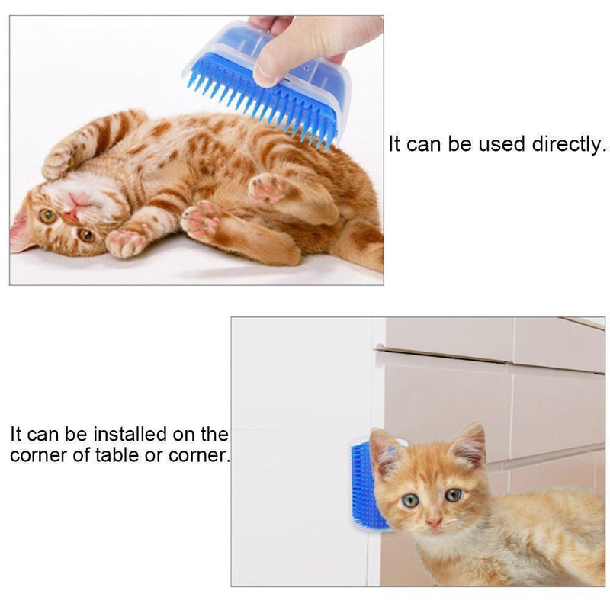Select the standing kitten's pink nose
coord(433,523)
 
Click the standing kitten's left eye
coord(410,500)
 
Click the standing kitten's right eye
coord(454,495)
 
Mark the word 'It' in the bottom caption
coord(18,435)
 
